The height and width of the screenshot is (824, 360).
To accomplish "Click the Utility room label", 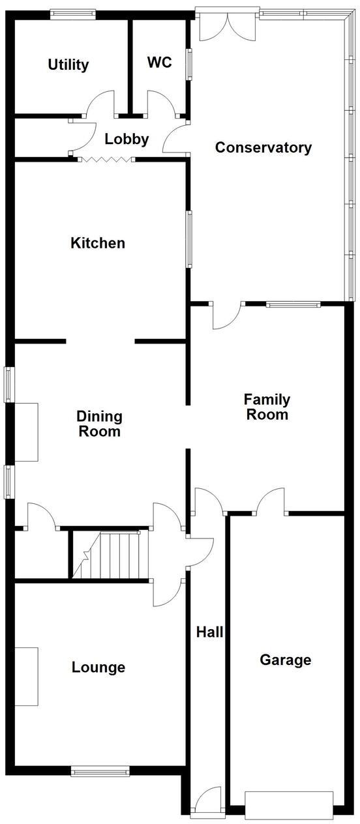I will tap(68, 65).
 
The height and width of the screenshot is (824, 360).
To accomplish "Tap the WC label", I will tap(159, 62).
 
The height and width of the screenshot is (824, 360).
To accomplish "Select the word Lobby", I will tap(127, 139).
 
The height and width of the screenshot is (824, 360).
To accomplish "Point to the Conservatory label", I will tap(263, 147).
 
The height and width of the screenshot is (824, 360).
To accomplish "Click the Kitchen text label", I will tap(98, 243).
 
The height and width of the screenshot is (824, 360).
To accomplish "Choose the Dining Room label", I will tap(99, 424).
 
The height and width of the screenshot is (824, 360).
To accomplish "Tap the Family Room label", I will tap(267, 407).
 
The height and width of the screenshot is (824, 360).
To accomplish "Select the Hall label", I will tap(210, 631).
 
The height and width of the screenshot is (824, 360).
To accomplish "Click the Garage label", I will tap(286, 660).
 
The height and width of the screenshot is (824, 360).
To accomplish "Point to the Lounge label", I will tap(98, 667).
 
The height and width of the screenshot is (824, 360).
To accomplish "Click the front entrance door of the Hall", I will tap(209, 801).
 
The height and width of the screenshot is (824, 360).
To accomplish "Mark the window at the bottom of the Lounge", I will tap(100, 772).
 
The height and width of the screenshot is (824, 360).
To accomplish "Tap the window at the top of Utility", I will tap(73, 12).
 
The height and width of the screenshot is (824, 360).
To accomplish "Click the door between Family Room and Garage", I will tap(271, 502).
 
